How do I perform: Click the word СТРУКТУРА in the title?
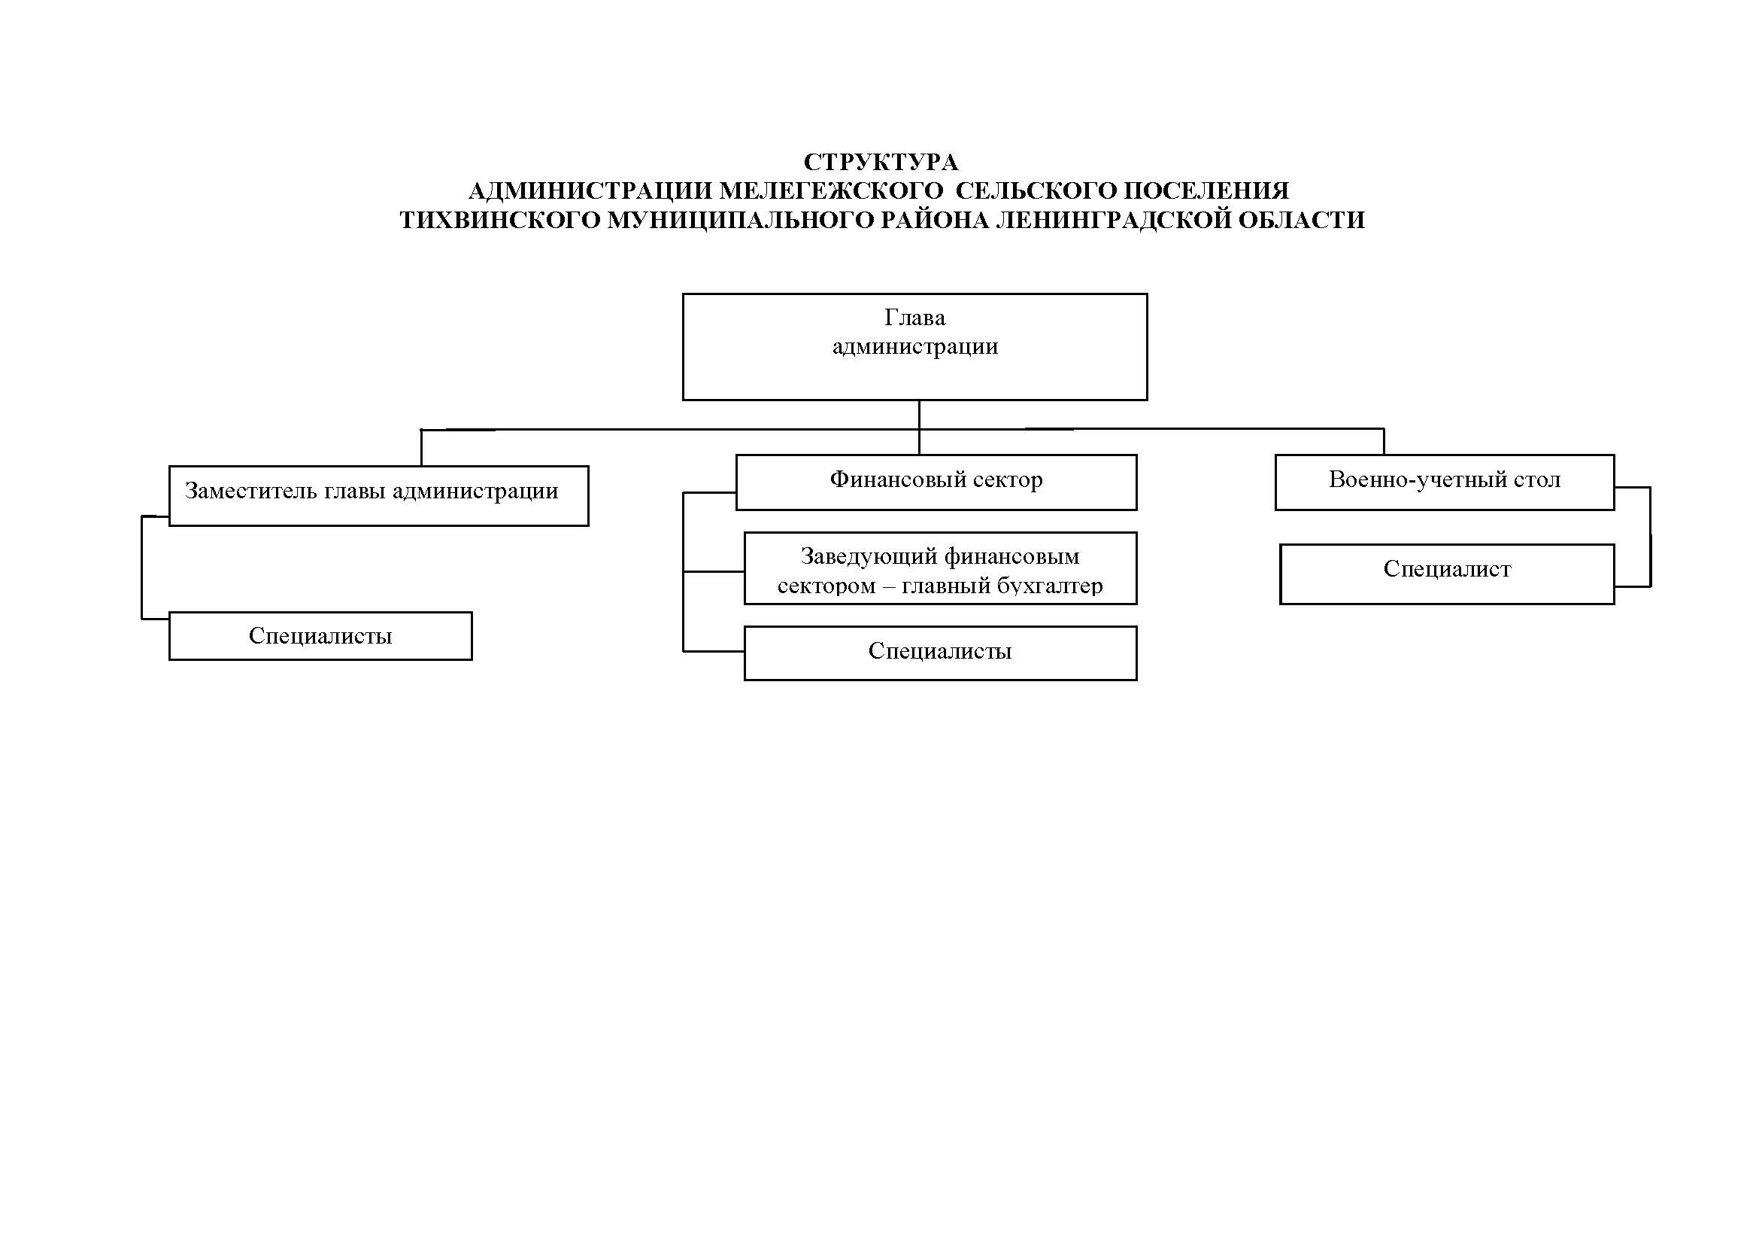[881, 163]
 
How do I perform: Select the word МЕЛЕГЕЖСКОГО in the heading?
[830, 191]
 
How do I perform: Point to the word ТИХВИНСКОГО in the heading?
[500, 221]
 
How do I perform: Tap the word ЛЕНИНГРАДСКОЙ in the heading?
[1114, 221]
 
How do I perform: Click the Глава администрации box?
[914, 346]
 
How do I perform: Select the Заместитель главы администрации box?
[378, 495]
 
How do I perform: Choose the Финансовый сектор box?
[936, 482]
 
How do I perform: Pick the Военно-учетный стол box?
[1445, 482]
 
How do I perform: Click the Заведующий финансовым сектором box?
[940, 568]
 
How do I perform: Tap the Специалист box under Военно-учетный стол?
[1447, 574]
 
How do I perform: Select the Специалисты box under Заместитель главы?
[320, 635]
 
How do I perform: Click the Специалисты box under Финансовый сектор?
[940, 653]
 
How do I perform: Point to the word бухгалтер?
[1051, 586]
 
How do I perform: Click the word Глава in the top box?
[914, 318]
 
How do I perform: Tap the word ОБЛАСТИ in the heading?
[1302, 221]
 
